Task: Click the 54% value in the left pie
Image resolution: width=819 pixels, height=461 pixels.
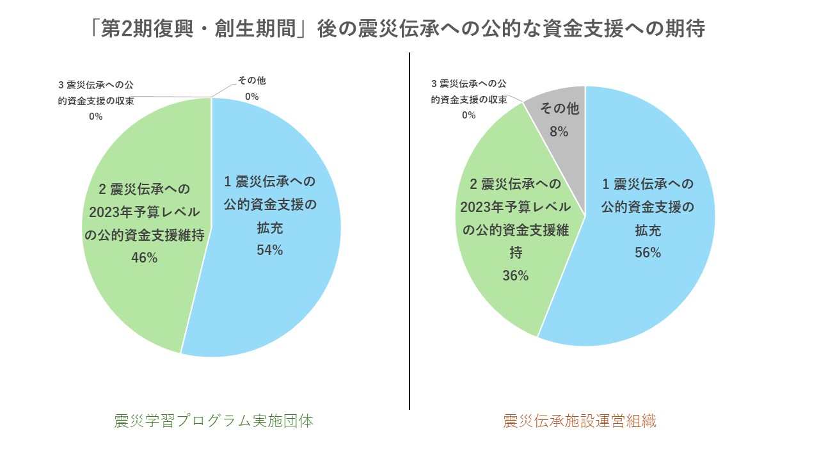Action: [x=269, y=250]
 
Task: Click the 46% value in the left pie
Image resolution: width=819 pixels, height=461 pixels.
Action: [x=144, y=257]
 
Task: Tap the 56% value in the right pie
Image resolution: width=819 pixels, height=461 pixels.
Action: [x=648, y=253]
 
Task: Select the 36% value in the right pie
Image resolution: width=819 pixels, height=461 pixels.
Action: [x=515, y=276]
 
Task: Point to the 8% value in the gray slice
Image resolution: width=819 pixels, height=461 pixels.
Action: [x=559, y=132]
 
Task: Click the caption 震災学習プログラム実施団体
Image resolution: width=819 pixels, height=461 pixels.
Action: [x=214, y=421]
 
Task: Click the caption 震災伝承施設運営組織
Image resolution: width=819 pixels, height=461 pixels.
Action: [x=580, y=421]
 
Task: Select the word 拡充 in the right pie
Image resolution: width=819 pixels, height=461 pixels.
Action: [x=648, y=230]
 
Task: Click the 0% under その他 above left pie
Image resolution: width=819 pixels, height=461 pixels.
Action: [x=251, y=97]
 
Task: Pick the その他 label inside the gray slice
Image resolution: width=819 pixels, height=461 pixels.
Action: [x=559, y=109]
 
